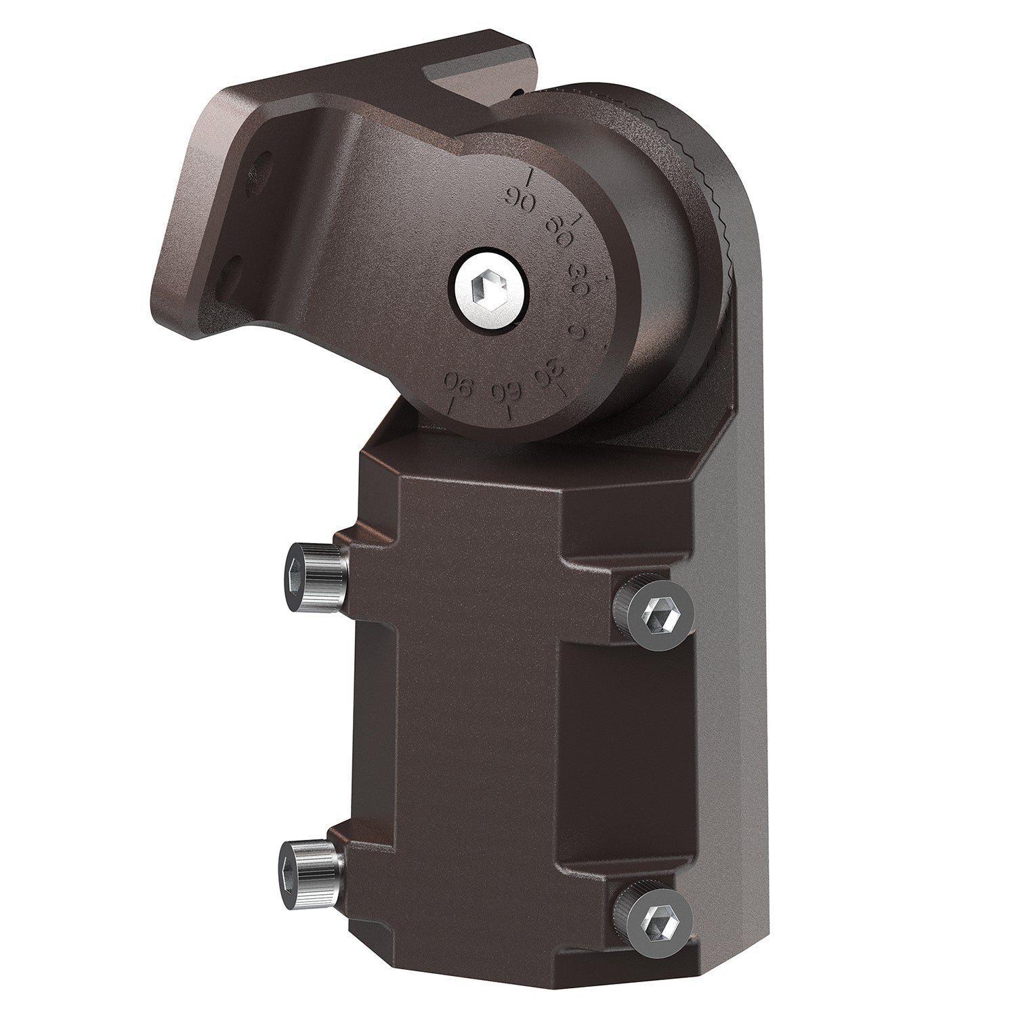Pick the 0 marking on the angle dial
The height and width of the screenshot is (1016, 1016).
(x=578, y=331)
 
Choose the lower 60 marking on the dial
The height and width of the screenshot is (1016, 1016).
(x=505, y=391)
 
